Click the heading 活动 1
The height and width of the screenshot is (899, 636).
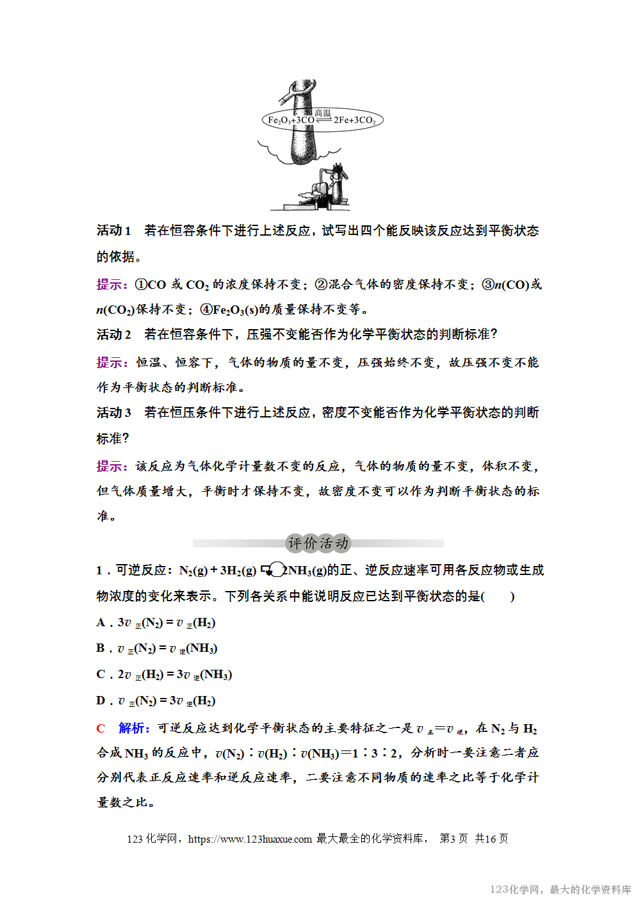113,231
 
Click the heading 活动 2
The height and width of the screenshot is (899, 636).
113,334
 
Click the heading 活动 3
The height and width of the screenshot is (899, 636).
113,412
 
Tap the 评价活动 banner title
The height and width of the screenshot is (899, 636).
318,544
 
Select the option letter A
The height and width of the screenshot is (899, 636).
101,622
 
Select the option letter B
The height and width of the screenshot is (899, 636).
101,648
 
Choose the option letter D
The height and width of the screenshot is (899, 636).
101,701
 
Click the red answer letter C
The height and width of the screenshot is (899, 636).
101,728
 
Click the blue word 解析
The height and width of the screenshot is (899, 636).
133,728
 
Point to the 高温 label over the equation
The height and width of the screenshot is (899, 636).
323,113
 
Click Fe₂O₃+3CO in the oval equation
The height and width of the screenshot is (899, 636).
290,120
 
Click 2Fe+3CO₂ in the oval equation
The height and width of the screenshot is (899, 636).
354,120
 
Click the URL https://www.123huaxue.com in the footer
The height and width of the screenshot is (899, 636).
250,839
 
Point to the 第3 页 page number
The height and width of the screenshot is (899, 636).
453,839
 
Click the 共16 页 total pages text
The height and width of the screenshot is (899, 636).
491,839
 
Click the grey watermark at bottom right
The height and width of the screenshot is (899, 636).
560,889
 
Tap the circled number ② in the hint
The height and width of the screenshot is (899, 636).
321,284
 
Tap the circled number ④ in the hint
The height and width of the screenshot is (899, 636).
206,310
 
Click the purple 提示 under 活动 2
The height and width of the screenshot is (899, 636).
111,362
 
